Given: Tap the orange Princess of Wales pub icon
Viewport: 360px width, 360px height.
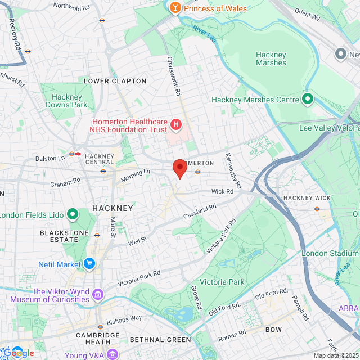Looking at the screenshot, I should (x=175, y=8).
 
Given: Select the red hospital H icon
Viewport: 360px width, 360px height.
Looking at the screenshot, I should (x=175, y=124).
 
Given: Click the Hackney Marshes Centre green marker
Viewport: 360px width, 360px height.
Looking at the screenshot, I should (x=307, y=100).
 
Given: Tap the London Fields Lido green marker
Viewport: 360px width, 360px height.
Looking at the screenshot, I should (x=72, y=214).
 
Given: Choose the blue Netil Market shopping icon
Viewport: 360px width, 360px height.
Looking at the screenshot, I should (x=89, y=263).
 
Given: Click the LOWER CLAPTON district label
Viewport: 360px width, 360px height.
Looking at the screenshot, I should (x=115, y=81).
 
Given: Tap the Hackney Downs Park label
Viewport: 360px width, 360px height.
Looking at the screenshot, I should (x=66, y=101).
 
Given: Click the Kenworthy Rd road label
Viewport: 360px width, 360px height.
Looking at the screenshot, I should (x=233, y=170).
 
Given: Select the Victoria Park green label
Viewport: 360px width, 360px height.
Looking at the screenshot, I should (x=222, y=282).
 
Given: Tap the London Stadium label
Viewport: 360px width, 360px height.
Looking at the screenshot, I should (x=330, y=253).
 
